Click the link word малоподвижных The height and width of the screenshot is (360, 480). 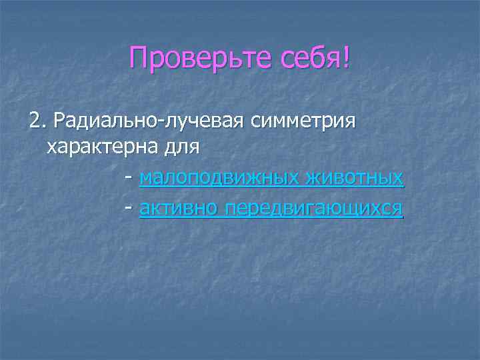(220, 179)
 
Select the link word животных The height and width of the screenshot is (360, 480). (355, 179)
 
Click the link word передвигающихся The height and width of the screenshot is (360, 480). (314, 209)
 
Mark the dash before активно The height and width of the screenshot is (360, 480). (127, 209)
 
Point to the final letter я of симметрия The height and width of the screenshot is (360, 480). (351, 123)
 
